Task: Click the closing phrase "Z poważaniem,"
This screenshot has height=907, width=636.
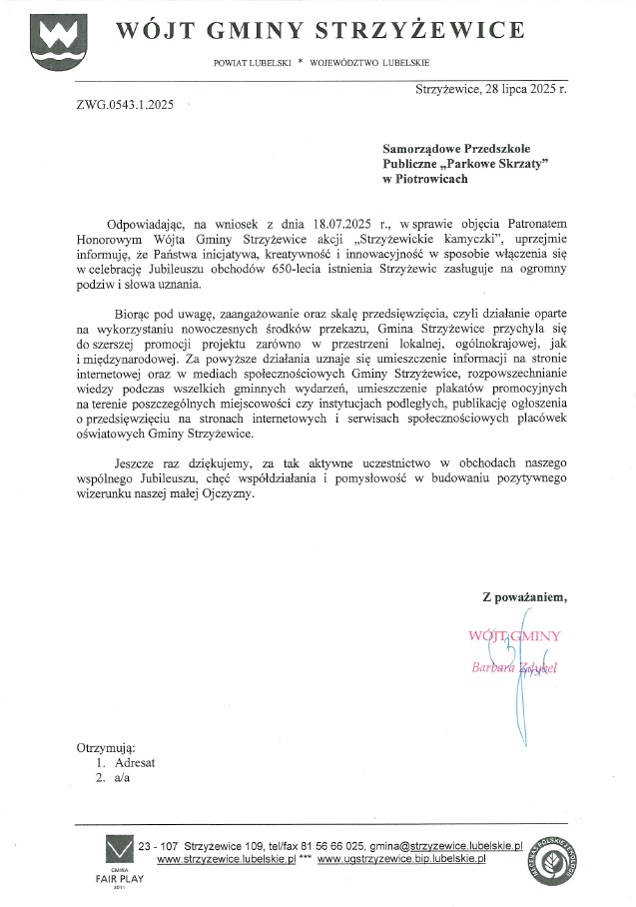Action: coord(524,598)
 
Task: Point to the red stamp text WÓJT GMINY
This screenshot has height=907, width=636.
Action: coord(514,635)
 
